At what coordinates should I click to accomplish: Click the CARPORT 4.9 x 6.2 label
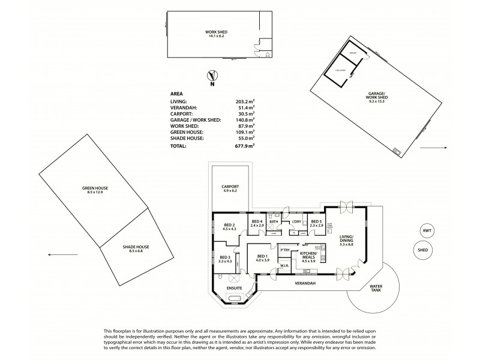point(230,188)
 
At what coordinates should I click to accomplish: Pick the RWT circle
point(427,230)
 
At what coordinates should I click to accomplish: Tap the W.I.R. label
point(286,268)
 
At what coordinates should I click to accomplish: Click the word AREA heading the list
point(176,94)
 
